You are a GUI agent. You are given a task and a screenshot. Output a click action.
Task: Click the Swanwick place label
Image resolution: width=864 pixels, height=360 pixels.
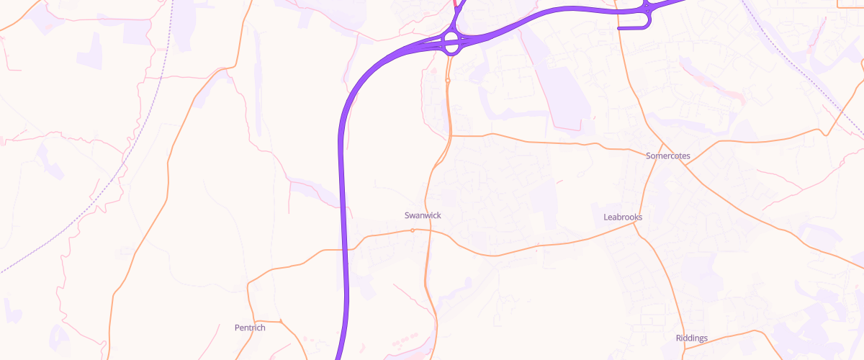pos(423,215)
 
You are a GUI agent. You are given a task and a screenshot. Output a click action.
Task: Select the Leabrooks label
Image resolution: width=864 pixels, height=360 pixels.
pos(622,217)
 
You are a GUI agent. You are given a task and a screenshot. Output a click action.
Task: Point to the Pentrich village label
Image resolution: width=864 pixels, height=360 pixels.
pos(250,328)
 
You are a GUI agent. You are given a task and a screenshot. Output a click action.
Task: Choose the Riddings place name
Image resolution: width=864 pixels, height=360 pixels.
pos(692,338)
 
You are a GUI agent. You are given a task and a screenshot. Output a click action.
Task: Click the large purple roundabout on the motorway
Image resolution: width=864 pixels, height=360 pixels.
pos(452,42)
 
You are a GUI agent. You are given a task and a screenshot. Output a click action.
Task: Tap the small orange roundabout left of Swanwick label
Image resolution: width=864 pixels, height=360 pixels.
pos(413,230)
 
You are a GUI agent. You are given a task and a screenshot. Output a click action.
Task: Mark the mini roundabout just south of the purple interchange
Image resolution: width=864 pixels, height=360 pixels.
pos(448,81)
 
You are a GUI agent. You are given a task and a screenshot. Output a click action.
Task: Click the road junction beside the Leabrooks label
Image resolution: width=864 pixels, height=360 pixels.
pos(634,225)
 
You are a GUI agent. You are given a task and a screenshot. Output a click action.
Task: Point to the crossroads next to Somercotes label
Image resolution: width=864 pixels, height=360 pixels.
pos(685,165)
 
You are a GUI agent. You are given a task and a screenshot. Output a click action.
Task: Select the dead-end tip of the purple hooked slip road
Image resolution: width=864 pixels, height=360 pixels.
pos(619,28)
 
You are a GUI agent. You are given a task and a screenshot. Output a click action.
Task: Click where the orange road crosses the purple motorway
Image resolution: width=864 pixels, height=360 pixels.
pos(345,249)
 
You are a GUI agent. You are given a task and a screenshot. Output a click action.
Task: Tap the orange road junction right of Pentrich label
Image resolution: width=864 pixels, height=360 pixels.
pos(279,320)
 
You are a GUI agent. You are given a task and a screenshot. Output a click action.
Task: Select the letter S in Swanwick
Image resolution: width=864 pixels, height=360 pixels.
pos(408,215)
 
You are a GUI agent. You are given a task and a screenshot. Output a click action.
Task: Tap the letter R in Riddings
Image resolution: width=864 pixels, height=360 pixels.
pos(679,338)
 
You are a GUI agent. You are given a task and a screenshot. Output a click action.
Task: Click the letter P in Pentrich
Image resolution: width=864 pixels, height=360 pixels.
pos(238,328)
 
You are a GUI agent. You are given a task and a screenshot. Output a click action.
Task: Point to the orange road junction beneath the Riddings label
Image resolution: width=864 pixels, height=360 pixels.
pos(683,348)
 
